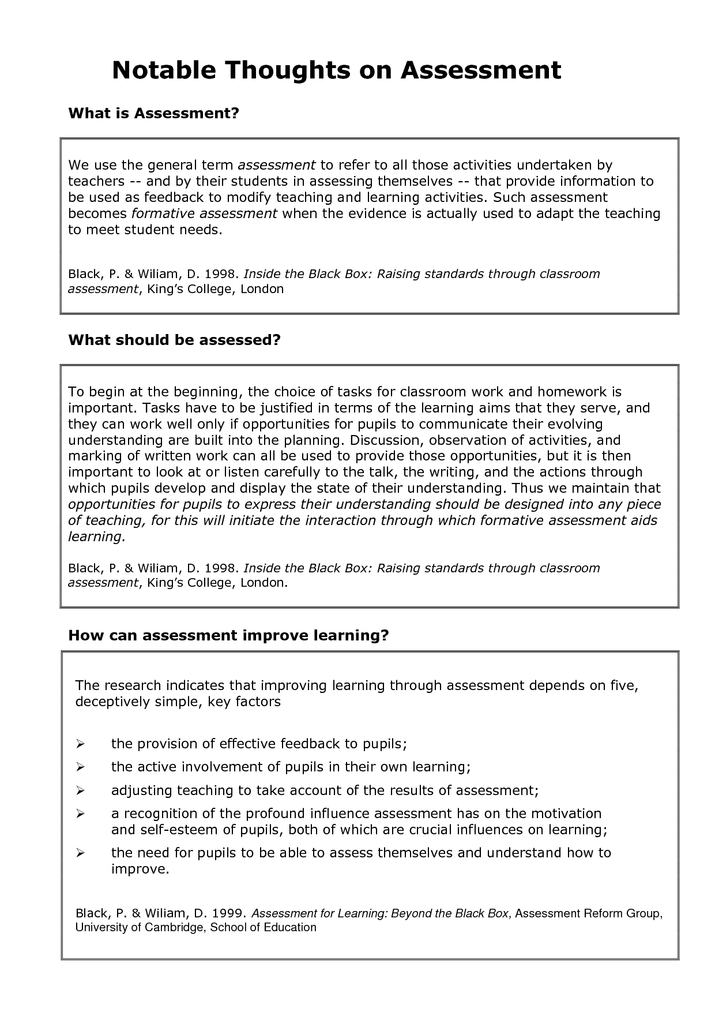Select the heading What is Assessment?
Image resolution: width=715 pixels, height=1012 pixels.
coord(153,113)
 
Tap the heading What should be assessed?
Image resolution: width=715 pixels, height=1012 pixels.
coord(174,340)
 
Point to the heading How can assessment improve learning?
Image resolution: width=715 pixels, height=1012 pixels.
coord(229,635)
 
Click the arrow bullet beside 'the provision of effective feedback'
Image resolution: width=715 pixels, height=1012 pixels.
coord(81,744)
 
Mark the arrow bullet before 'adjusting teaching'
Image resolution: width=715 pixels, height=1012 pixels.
coord(81,790)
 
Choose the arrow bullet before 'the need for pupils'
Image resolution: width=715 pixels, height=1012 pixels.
coord(81,853)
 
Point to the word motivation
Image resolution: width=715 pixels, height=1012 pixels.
coord(566,814)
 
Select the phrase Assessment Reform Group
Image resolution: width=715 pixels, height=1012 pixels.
coord(588,913)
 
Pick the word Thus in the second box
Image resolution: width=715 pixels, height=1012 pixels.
coord(522,489)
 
